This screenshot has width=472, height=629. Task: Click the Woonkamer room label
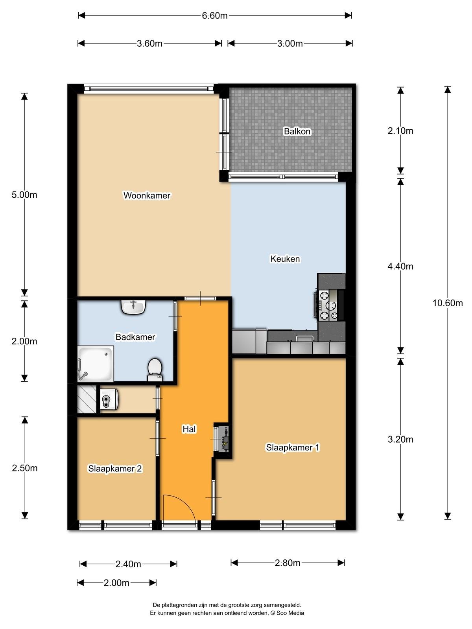(147, 195)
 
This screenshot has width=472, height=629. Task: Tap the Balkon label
(297, 131)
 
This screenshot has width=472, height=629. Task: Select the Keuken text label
(285, 259)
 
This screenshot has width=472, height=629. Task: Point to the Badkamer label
(135, 337)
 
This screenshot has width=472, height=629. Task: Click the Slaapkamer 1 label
(293, 448)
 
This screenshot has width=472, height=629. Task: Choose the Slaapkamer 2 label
(115, 469)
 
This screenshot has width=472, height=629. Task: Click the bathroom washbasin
(133, 307)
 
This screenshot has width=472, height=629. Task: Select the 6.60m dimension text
(215, 15)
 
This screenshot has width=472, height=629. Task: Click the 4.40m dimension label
(400, 267)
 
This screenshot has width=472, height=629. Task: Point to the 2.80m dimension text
(288, 563)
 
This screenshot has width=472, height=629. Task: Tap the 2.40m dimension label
(128, 564)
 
